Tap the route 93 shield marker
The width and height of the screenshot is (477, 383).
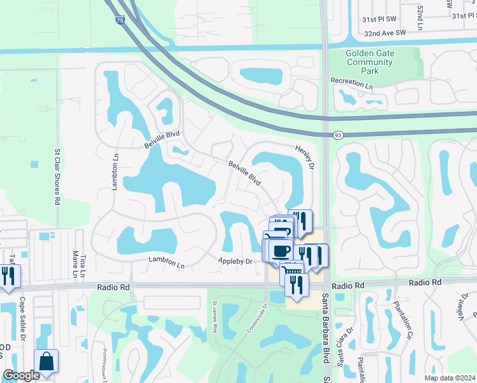(x=338, y=135)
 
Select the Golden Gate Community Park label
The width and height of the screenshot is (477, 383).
(x=371, y=62)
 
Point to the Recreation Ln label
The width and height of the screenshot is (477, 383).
(x=351, y=84)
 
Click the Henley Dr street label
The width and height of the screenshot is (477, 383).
(x=305, y=156)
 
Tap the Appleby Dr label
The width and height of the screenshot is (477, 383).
(x=235, y=262)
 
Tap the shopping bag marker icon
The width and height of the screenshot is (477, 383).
(x=47, y=361)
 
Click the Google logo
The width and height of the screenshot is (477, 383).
(x=21, y=375)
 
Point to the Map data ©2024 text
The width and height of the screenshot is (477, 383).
(x=450, y=378)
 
